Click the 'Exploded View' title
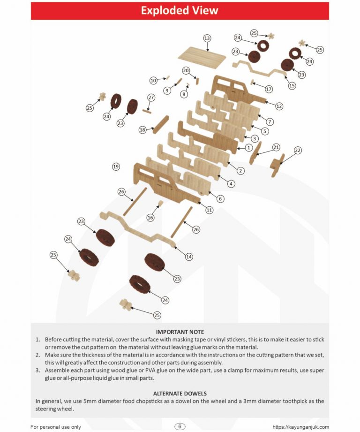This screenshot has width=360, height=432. point(180,10)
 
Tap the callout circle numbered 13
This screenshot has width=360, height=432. point(207,38)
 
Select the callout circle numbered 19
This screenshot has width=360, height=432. point(116,166)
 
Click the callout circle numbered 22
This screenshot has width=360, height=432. point(298,151)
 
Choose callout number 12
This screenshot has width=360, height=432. point(279,106)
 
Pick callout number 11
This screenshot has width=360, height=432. point(210,211)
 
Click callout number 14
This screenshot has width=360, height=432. point(189,257)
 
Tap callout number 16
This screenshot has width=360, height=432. point(150,218)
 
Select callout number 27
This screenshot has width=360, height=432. point(150,97)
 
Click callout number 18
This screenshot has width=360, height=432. point(143,129)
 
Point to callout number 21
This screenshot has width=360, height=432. point(276,147)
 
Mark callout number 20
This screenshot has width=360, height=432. point(186,71)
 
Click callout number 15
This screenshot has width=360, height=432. point(292,86)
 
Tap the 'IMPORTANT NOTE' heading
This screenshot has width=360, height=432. point(180,332)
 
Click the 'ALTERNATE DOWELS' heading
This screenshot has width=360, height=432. point(180,393)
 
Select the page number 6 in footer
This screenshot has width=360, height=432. point(180,426)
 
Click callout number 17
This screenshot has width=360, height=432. point(269,89)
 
